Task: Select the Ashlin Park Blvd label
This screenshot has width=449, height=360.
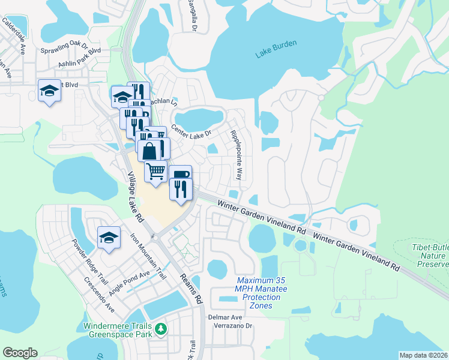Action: click(x=79, y=63)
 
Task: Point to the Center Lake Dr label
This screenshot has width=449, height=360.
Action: click(x=191, y=130)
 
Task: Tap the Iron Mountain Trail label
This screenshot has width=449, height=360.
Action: click(x=148, y=254)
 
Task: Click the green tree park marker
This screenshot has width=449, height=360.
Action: click(x=160, y=328)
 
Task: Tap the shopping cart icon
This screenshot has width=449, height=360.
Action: click(x=156, y=170)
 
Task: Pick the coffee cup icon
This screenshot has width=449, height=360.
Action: click(x=180, y=174)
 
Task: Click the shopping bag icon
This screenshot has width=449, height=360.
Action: click(x=149, y=150)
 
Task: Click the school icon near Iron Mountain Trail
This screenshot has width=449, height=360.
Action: click(x=109, y=238)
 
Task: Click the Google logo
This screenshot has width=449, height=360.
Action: click(x=20, y=353)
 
